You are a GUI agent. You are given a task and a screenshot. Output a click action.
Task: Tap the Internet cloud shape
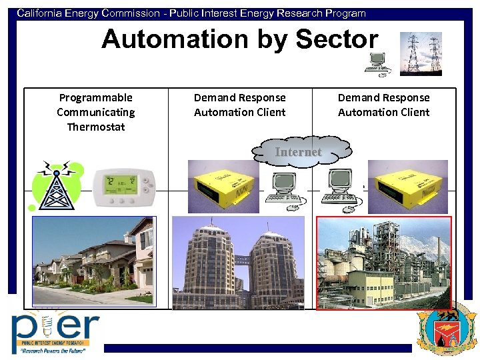[299, 152]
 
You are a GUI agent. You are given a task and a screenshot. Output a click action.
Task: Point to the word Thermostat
[96, 127]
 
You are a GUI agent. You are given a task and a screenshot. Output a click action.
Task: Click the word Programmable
[96, 97]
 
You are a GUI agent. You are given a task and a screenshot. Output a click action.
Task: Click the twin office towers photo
[238, 262]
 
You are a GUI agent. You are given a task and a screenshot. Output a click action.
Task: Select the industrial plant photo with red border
[383, 262]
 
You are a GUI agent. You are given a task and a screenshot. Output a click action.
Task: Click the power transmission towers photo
[421, 53]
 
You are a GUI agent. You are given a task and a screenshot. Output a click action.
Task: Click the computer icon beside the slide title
[377, 63]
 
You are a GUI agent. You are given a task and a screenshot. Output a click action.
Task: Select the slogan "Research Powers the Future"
[51, 349]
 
